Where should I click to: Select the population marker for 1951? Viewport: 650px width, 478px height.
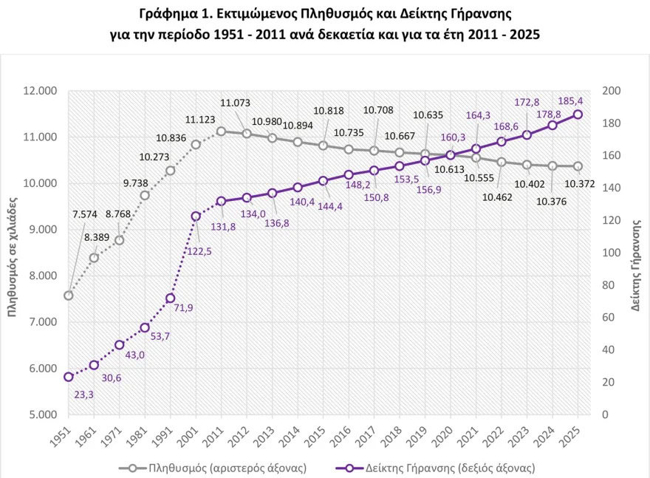(69, 296)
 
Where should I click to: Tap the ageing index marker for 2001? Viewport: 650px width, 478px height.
(196, 216)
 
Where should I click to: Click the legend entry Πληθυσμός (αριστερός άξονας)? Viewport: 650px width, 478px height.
(214, 468)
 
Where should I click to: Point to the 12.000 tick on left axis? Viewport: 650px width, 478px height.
(39, 91)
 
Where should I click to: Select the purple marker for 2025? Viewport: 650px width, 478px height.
(578, 115)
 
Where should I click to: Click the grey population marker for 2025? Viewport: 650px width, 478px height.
(578, 166)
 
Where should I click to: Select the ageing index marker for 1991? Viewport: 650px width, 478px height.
(171, 298)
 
